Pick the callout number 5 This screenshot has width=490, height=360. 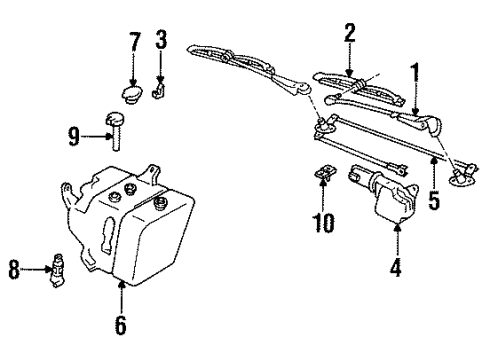coord(433,199)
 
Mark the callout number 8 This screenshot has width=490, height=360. coord(13,268)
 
